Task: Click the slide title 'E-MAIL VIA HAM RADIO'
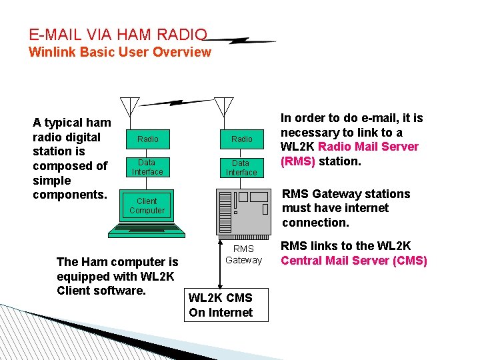pos(118,34)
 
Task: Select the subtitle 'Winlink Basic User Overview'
pos(120,52)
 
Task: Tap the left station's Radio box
pos(147,139)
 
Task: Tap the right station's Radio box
pos(241,139)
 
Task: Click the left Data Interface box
pos(147,167)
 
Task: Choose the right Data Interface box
pos(241,167)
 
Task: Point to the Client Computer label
pos(147,205)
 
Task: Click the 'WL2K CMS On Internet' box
pos(226,305)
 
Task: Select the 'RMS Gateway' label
pos(243,254)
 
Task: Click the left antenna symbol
pos(129,105)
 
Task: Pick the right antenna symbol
pos(224,105)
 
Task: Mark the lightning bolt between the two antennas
pos(176,103)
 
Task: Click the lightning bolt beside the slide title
pos(243,41)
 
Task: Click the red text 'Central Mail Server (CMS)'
pos(353,261)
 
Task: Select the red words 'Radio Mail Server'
pos(369,147)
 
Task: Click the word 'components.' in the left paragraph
pos(69,195)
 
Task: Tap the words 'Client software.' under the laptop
pos(101,291)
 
